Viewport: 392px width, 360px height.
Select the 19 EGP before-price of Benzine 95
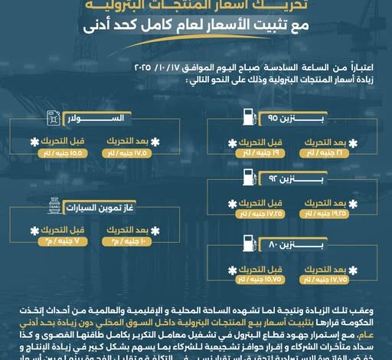click(x=256, y=152)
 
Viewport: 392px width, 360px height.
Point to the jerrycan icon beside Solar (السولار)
click(x=52, y=119)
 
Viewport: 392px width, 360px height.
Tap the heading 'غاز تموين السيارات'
click(x=107, y=208)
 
